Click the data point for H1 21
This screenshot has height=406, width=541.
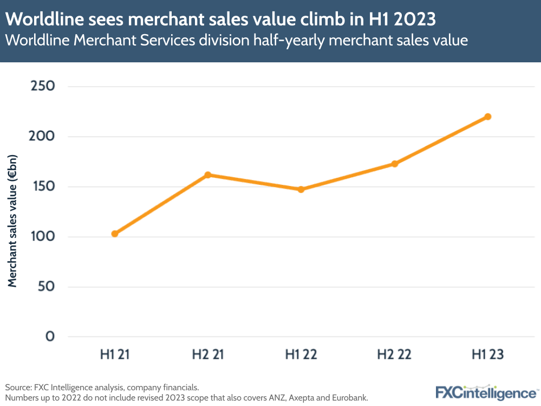coord(115,234)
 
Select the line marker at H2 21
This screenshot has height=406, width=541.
coord(208,175)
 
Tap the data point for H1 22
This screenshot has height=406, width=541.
coord(301,190)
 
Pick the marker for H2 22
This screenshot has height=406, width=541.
coord(394,164)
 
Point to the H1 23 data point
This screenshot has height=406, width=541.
coord(487,117)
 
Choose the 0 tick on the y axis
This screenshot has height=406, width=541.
coord(50,337)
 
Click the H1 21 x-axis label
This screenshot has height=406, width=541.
coord(115,355)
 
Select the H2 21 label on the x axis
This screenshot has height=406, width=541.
coord(208,355)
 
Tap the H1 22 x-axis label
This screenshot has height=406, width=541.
coord(301,355)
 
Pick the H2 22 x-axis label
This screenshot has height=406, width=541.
coord(394,355)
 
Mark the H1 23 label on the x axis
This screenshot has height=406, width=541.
coord(487,355)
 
